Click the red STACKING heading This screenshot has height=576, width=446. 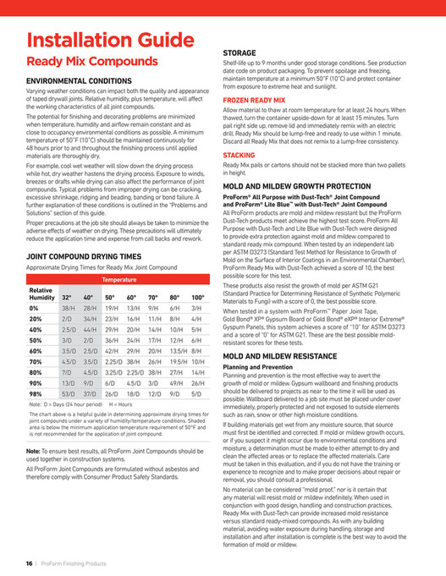click(240, 156)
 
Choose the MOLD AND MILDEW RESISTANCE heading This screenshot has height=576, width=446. click(284, 358)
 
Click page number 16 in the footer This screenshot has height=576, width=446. click(29, 562)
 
